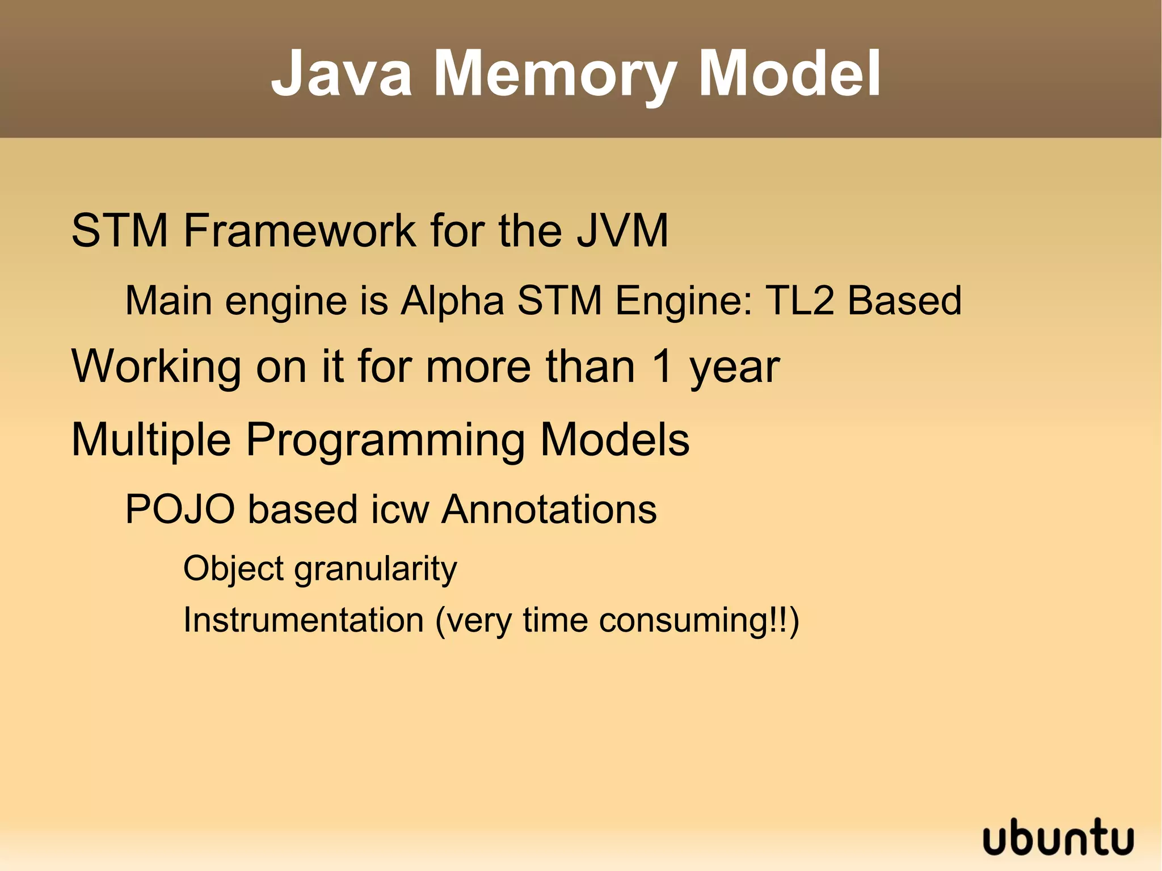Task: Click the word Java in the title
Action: coord(342,74)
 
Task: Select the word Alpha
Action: coord(452,301)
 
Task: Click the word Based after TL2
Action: coord(904,301)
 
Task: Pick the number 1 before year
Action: coord(662,367)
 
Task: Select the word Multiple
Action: coord(151,440)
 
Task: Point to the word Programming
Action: coord(386,440)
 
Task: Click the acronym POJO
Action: coord(180,509)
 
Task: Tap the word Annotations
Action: coord(549,509)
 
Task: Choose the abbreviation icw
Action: coord(400,509)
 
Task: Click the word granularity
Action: coord(376,569)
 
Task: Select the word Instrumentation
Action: coord(304,620)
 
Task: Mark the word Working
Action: coord(157,368)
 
